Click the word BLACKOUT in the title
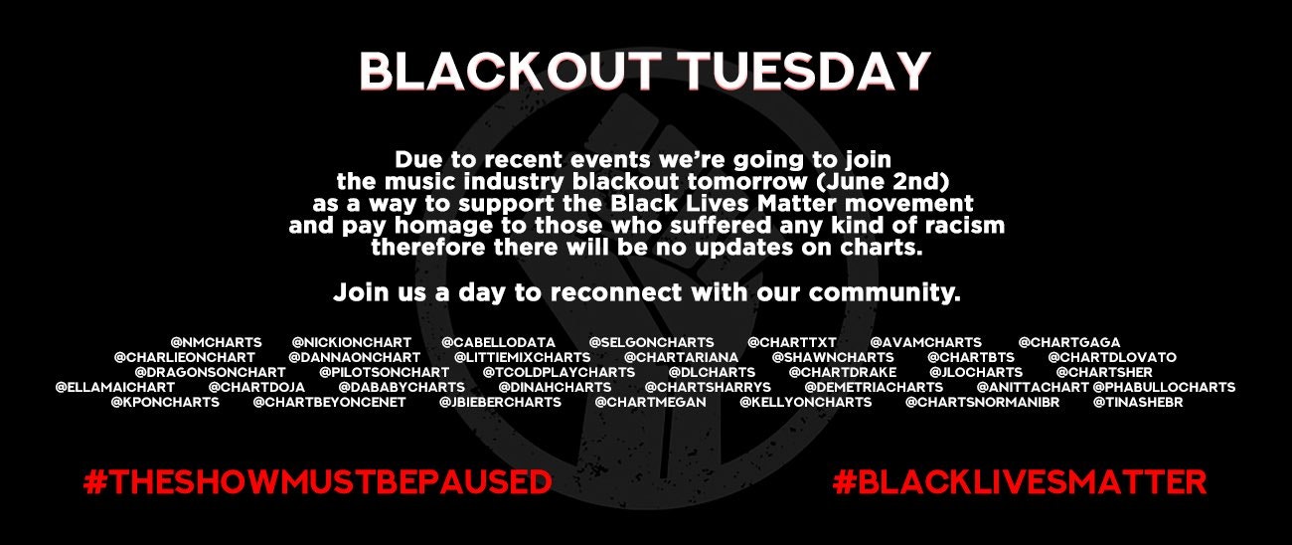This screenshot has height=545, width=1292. click(x=510, y=72)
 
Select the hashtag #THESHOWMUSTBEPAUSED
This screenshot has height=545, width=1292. click(x=318, y=482)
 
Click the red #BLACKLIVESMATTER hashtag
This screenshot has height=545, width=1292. click(x=1020, y=482)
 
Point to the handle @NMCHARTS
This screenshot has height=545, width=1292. click(x=217, y=342)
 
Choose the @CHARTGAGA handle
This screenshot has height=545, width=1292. click(x=1068, y=342)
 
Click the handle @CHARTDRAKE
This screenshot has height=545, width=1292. click(x=843, y=372)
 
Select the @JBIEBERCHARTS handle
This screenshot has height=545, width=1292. click(x=500, y=402)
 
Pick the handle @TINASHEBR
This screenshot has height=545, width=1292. click(x=1138, y=402)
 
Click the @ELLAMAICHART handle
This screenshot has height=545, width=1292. click(x=114, y=387)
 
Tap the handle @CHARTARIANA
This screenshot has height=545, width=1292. click(x=681, y=357)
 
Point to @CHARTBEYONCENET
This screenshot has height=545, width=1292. click(x=329, y=402)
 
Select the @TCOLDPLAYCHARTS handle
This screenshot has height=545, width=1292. click(x=559, y=372)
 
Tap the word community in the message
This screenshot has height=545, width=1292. click(x=885, y=292)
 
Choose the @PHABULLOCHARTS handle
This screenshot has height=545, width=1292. click(x=1164, y=387)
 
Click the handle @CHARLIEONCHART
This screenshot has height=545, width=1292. click(x=185, y=357)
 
